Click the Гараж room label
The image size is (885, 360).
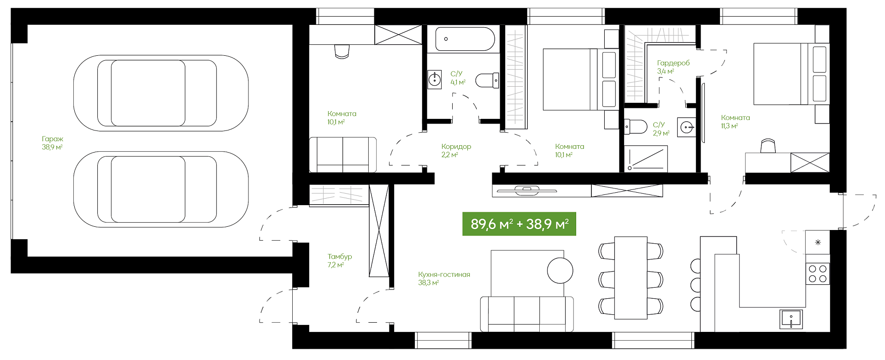click(x=53, y=139)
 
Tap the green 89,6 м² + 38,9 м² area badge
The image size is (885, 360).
click(x=519, y=224)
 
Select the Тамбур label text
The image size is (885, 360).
click(x=340, y=256)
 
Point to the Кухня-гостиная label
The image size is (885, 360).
click(x=444, y=274)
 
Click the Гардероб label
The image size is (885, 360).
click(x=673, y=63)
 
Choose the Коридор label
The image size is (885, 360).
click(x=456, y=147)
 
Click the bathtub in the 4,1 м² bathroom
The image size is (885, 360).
click(x=465, y=39)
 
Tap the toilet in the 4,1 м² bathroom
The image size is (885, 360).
click(x=487, y=80)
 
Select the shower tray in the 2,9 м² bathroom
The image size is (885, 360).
click(x=646, y=159)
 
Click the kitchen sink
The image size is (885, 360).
click(x=791, y=319)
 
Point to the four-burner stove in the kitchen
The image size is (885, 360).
click(x=818, y=273)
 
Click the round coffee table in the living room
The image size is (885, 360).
click(x=560, y=270)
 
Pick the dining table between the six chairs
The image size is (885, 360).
click(x=631, y=277)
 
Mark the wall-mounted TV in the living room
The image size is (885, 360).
click(x=525, y=189)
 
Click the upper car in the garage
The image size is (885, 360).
click(x=161, y=93)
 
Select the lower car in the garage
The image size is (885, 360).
click(x=161, y=189)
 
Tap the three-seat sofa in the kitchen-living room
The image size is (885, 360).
click(x=527, y=314)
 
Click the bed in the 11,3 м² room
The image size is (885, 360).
click(x=791, y=74)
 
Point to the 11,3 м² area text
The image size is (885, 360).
click(x=730, y=126)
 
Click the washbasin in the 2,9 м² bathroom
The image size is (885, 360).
click(x=686, y=127)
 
